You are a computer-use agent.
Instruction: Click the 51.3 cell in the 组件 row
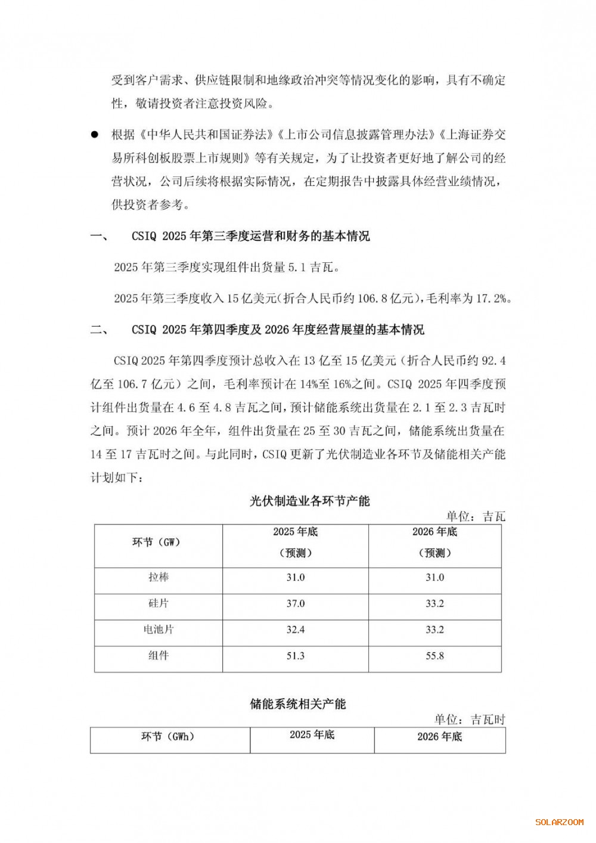tap(296, 656)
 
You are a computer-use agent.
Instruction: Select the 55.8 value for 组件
tap(434, 656)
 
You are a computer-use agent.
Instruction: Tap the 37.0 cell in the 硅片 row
tap(296, 603)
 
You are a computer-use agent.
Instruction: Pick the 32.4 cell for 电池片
tap(296, 630)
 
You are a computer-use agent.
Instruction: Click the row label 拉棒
tap(159, 577)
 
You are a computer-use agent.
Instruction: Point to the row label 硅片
tap(159, 603)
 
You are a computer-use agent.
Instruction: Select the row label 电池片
tap(159, 630)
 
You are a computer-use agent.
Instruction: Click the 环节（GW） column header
tap(156, 542)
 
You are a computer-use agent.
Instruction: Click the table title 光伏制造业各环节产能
tap(309, 501)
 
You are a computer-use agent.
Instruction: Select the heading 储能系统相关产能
tap(297, 704)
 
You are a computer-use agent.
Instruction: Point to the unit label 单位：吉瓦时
tap(470, 720)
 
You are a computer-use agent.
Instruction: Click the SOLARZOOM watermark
tap(559, 822)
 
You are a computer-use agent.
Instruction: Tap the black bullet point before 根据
tap(94, 135)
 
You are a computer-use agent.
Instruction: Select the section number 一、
tap(99, 236)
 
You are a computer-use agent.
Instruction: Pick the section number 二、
tap(99, 330)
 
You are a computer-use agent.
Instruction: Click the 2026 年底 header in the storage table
tap(439, 737)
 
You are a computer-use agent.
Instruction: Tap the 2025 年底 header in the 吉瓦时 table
tap(312, 735)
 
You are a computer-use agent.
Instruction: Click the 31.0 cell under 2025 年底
tap(296, 577)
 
